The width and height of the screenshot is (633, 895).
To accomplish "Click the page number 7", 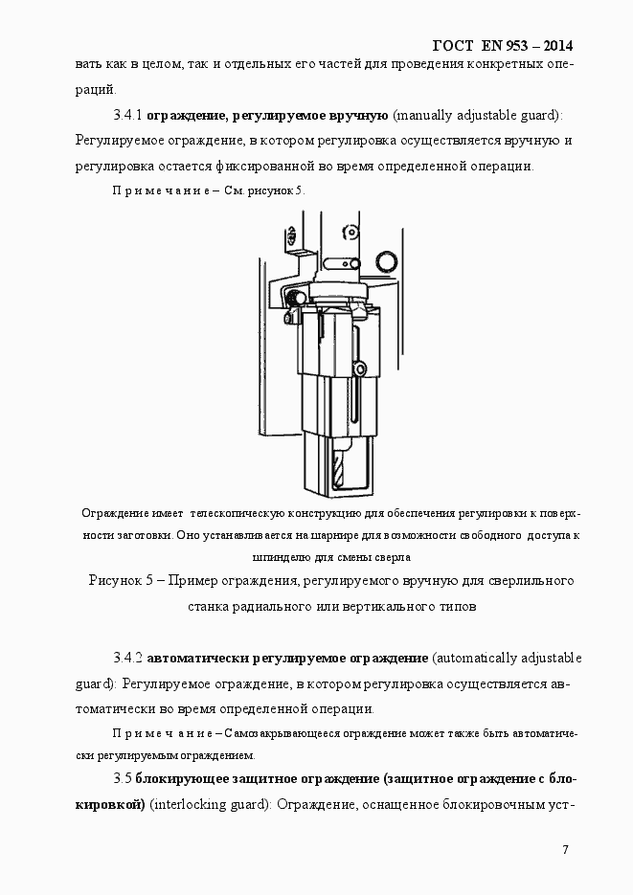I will (x=566, y=850).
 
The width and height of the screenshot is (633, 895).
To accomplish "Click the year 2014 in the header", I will (x=551, y=46).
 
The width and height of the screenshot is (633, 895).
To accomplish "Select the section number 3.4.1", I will (x=127, y=116).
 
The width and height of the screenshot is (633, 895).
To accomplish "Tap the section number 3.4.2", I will (x=127, y=660).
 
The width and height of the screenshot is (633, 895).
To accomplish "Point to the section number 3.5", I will (x=121, y=779).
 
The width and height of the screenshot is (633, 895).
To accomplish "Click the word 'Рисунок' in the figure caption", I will (x=117, y=581).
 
